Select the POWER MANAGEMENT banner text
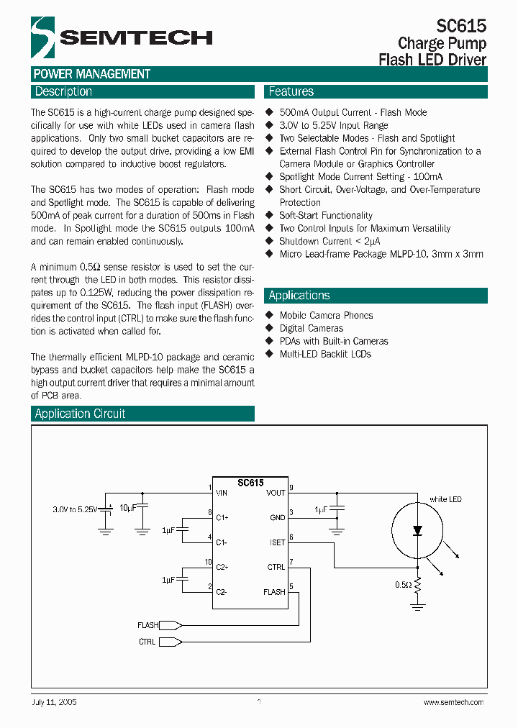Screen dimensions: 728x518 click(x=91, y=74)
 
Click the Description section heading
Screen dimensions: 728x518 click(x=63, y=91)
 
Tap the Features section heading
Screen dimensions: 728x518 click(x=291, y=91)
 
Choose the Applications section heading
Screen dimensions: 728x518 click(x=299, y=295)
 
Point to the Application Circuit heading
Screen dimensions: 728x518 click(x=80, y=414)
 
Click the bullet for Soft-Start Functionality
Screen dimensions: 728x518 click(x=270, y=215)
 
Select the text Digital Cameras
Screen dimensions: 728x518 click(x=312, y=328)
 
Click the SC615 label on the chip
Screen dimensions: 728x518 click(x=250, y=483)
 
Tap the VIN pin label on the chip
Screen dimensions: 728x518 click(x=222, y=493)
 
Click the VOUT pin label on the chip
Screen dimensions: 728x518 click(x=276, y=493)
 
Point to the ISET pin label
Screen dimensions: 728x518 click(x=277, y=542)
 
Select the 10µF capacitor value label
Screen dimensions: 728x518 click(x=127, y=508)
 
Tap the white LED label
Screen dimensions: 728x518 click(x=445, y=499)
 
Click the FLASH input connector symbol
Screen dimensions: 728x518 click(x=169, y=625)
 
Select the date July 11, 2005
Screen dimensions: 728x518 click(x=55, y=702)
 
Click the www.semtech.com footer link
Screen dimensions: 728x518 click(x=453, y=702)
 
